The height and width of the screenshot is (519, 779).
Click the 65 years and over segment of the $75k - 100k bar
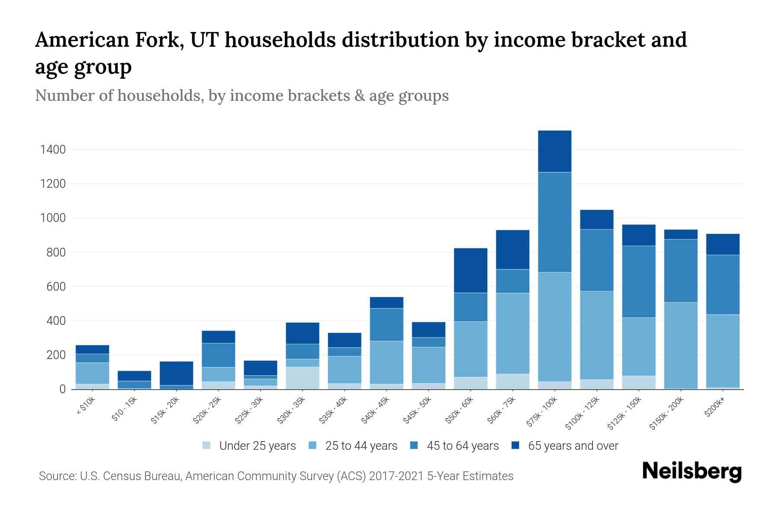coord(554,151)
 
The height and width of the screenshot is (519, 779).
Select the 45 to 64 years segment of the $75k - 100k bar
coord(554,222)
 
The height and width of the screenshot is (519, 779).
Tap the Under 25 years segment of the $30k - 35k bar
coord(303,378)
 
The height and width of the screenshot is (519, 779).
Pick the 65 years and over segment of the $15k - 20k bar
coord(176,373)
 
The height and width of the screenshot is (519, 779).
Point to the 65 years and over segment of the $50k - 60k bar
coord(470,270)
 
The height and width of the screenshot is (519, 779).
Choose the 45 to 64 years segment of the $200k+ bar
coord(723,285)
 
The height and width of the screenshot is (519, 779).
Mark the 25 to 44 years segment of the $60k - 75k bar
coord(512,333)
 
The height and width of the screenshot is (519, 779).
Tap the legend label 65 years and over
coord(573,446)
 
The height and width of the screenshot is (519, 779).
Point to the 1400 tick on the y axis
coord(53,150)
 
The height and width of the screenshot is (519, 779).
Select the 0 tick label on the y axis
coord(62,389)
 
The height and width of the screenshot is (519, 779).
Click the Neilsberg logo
coord(692,471)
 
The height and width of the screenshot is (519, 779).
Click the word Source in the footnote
coord(56,476)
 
